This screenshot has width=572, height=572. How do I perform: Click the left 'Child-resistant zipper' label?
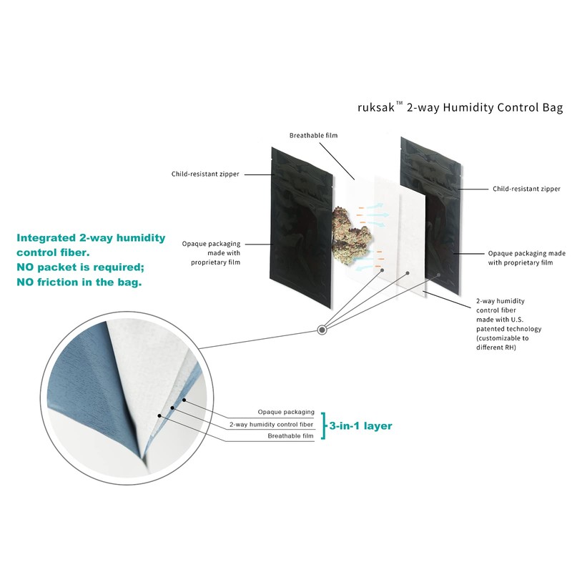pos(205,174)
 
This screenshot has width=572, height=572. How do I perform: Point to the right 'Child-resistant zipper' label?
pos(527,189)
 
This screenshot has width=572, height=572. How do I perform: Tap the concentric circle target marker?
pos(323,330)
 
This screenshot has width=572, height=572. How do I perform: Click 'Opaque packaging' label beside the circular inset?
pos(286,413)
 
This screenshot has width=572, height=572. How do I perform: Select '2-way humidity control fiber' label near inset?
pos(272,424)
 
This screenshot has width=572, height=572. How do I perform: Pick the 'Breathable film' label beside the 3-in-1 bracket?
pos(290,436)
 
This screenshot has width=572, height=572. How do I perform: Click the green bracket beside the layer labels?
pos(323,425)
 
